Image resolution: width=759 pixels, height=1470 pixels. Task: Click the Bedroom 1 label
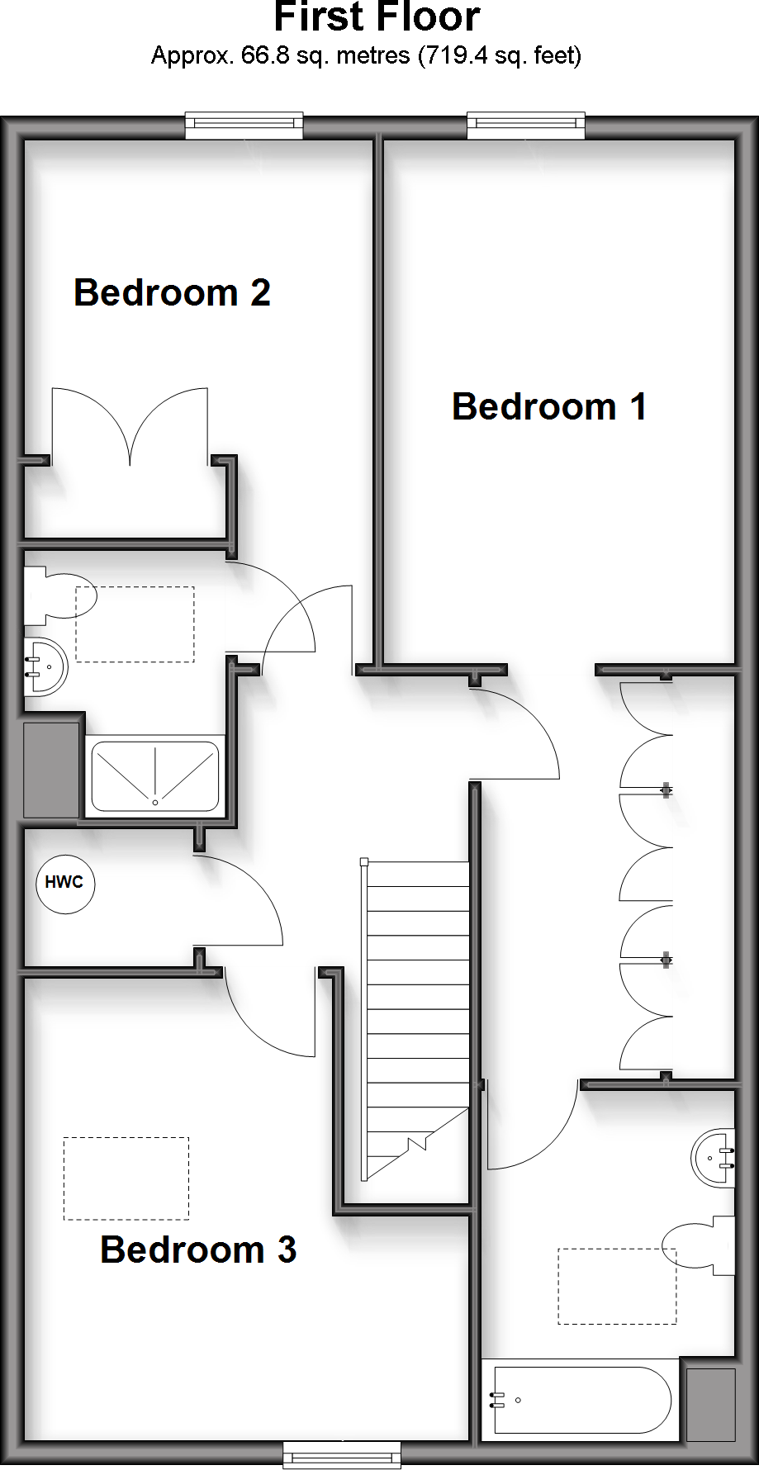[548, 406]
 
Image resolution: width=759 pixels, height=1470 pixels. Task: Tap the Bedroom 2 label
[172, 292]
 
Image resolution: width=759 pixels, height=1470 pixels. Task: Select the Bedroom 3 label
[197, 1249]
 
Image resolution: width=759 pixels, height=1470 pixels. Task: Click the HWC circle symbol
[64, 883]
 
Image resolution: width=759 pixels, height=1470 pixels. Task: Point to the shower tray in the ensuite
[155, 776]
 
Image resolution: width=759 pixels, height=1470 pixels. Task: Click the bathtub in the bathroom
[581, 1399]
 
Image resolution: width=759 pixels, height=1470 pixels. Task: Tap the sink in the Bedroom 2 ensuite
[43, 666]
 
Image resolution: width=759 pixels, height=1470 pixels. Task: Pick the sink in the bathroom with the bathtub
[713, 1157]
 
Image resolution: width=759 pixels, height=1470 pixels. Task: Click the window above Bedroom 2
[244, 126]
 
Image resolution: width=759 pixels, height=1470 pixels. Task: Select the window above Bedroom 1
[526, 126]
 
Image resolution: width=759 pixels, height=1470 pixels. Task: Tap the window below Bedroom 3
[342, 1455]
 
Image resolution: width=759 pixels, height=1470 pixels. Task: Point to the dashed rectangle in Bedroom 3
[126, 1178]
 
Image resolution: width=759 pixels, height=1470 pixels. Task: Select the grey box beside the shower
[51, 770]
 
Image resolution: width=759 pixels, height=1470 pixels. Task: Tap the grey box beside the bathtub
[710, 1405]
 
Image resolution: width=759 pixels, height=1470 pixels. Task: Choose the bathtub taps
[497, 1399]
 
